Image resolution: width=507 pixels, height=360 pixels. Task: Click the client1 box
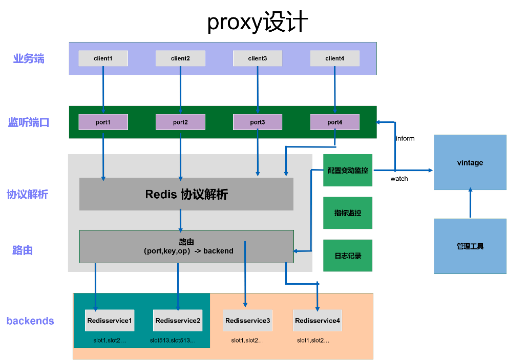pos(103,58)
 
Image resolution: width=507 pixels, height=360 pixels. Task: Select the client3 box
pos(258,58)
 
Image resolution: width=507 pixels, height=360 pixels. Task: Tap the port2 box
pos(180,122)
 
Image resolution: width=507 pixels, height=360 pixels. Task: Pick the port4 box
pos(335,122)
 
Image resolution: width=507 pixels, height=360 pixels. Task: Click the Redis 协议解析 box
pos(186,194)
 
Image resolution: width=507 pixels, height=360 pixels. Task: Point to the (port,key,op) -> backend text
pos(188,251)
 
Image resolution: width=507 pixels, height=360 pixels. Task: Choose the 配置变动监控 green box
pos(348,170)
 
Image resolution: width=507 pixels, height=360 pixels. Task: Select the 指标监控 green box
pos(348,213)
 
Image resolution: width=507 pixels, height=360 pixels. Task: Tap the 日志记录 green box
pos(348,256)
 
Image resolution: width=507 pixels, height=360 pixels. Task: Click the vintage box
pos(470,162)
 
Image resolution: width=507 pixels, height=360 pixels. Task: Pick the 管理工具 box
pos(470,246)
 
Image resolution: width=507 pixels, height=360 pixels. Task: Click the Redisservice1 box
pos(110,321)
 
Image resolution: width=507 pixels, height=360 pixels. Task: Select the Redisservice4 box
pos(318,321)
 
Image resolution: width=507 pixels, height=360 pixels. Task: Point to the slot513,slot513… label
pos(173,340)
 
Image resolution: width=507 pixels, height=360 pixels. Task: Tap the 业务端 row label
pos(29,58)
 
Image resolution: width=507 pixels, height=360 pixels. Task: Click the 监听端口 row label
pos(29,122)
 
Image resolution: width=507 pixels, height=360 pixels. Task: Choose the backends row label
pos(30,321)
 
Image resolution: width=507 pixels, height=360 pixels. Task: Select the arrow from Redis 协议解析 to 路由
pos(180,220)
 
